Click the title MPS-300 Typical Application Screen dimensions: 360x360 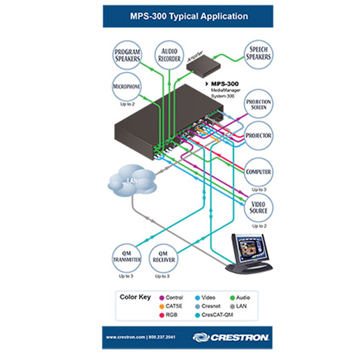180,16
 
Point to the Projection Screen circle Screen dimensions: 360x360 259,105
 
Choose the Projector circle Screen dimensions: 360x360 259,136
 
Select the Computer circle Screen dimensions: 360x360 259,172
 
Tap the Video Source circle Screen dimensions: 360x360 259,207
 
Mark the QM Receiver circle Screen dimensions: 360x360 162,256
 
